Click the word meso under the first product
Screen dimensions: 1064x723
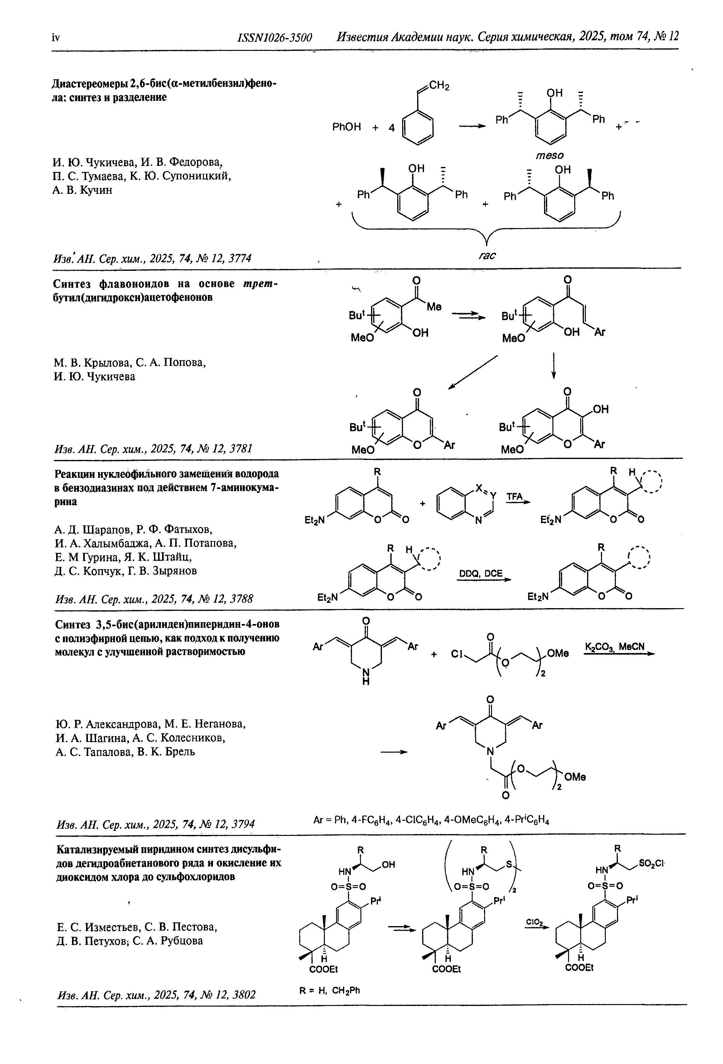click(550, 156)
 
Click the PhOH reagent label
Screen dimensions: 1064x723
click(346, 127)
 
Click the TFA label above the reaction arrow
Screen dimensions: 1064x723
click(514, 497)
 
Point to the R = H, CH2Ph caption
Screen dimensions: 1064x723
click(330, 990)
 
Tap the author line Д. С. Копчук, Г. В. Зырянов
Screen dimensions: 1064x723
click(126, 571)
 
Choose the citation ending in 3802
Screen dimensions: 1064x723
click(156, 994)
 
